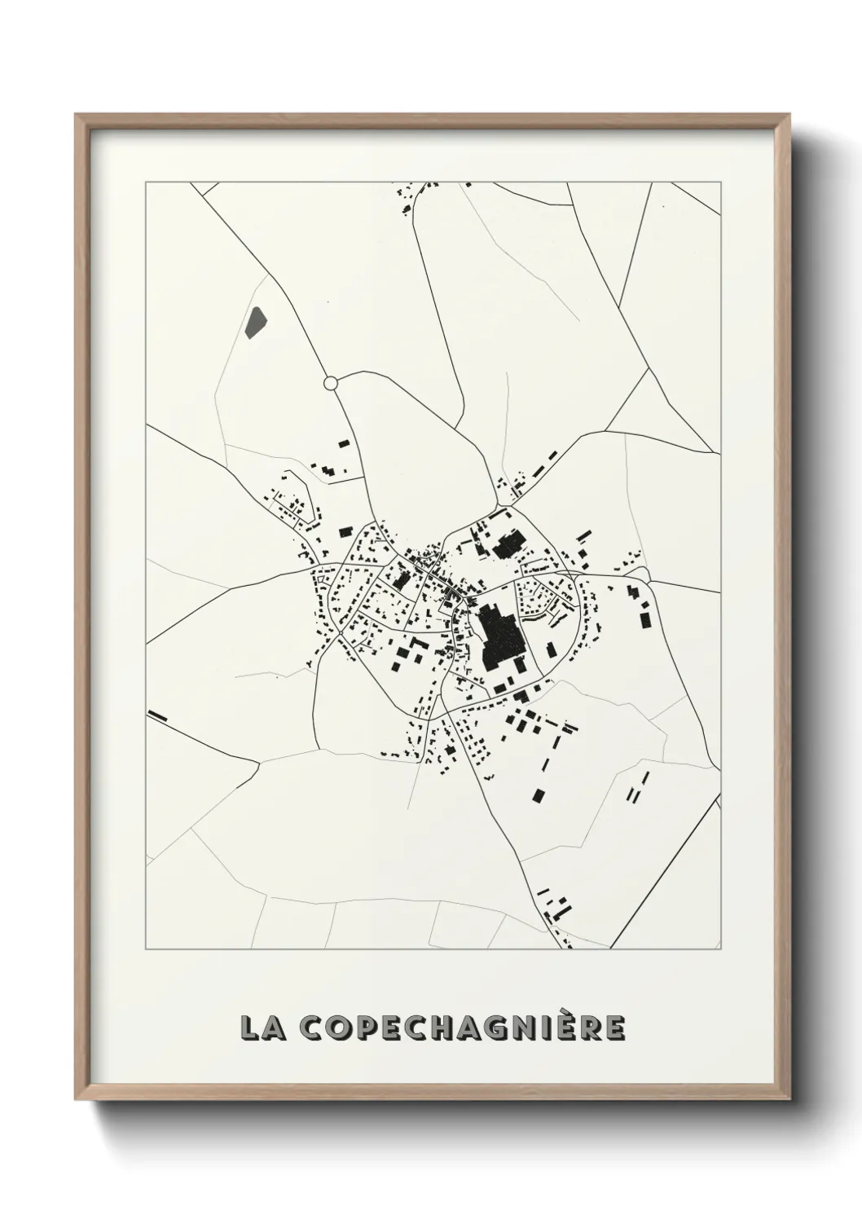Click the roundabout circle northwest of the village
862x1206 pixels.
330,382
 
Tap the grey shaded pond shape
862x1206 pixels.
255,323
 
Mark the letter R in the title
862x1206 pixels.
592,1028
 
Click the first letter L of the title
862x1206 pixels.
249,1028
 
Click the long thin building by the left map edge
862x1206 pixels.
157,716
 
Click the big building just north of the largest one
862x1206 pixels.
509,544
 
